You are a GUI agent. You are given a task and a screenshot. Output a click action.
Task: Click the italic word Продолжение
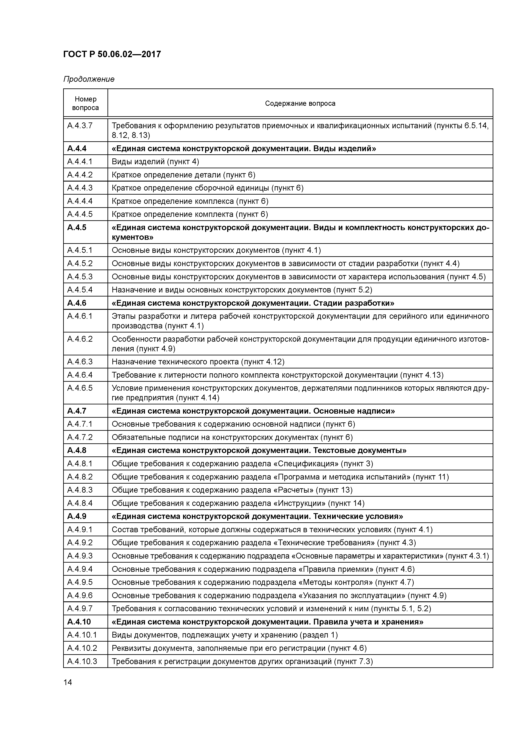89,79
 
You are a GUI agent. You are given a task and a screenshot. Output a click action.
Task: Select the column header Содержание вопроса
300,104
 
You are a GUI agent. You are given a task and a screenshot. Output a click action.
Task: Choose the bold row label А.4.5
77,228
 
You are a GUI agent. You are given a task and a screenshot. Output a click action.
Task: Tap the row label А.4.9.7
80,609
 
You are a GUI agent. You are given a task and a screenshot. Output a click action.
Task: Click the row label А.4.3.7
80,126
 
